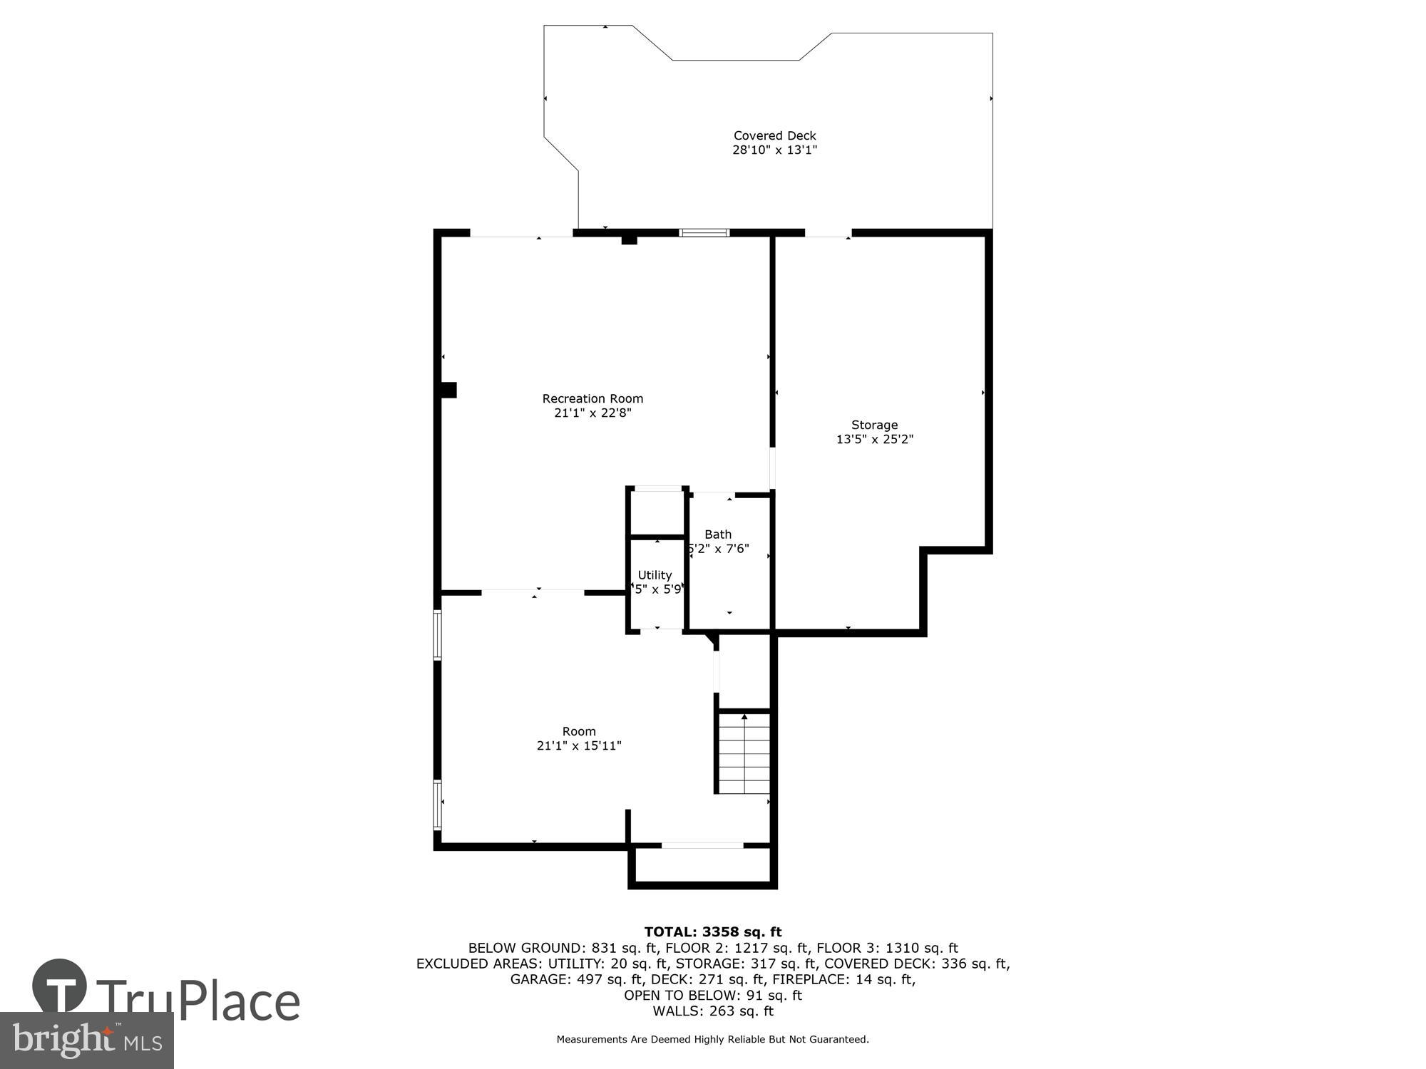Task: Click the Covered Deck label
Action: coord(774,135)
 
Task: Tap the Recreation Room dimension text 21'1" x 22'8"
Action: coord(593,413)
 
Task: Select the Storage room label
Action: coord(874,425)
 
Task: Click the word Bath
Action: coord(718,534)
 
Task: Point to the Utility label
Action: coord(655,574)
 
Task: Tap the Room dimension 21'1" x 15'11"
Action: coord(579,745)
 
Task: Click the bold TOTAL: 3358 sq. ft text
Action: coord(712,931)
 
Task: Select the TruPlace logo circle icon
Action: coord(59,987)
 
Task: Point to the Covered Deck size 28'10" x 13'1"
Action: coord(774,150)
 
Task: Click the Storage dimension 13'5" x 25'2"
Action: coord(874,439)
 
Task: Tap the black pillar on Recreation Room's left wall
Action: coord(448,390)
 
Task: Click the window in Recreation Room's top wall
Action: coord(704,232)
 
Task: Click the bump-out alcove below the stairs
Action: coord(702,865)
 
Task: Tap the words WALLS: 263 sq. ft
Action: coord(712,1011)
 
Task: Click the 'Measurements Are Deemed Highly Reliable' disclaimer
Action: coord(712,1039)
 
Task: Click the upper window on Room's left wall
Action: coord(438,634)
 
